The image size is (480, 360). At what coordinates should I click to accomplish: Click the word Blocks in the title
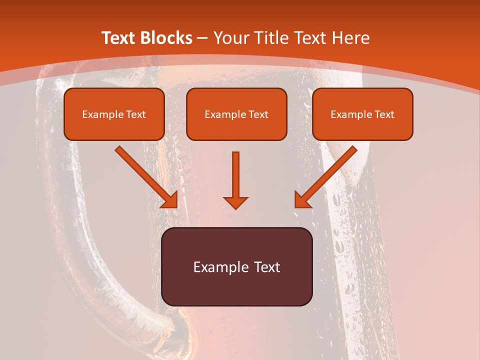[x=167, y=38]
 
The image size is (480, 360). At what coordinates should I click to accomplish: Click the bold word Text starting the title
[x=120, y=38]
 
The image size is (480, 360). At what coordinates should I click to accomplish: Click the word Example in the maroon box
[x=217, y=267]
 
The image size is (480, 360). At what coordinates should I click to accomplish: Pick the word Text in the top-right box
[x=384, y=114]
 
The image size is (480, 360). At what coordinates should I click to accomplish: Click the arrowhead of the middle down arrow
[x=235, y=202]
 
